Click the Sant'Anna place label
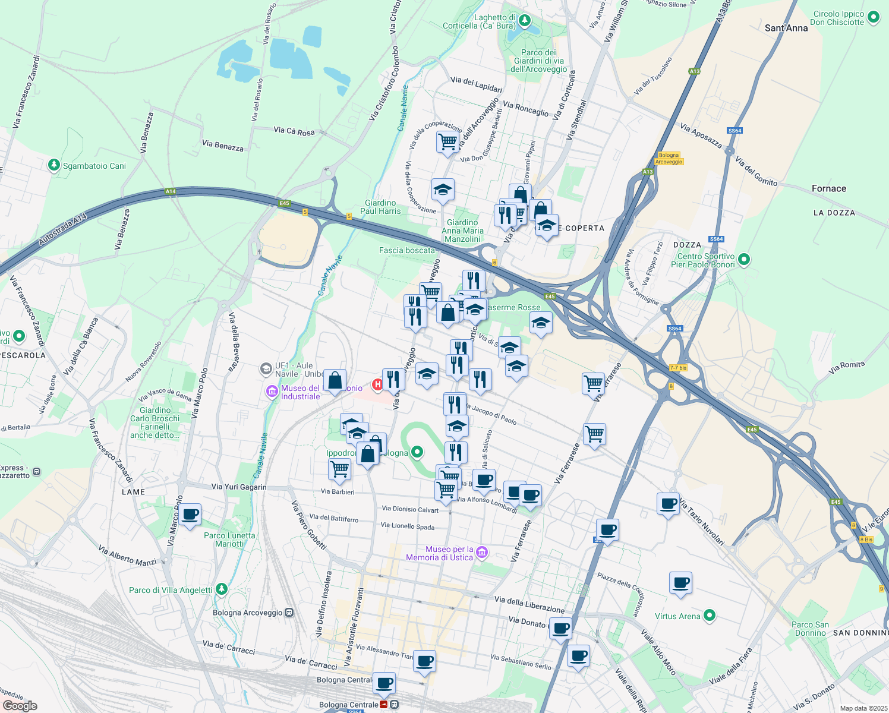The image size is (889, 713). click(786, 28)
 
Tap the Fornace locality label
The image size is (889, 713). click(828, 188)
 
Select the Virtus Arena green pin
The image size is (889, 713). click(710, 616)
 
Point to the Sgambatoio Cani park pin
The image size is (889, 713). click(54, 165)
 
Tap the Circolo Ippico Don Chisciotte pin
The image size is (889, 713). click(874, 17)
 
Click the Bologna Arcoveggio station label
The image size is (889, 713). click(248, 613)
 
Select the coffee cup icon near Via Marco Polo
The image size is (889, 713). click(191, 515)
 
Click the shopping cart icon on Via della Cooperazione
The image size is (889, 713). click(447, 142)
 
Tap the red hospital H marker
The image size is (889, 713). click(377, 385)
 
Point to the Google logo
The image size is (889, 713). click(20, 705)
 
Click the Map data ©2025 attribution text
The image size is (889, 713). click(863, 708)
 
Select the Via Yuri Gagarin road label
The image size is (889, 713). click(239, 487)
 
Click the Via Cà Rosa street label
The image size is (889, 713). click(294, 131)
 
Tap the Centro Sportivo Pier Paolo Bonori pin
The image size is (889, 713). click(744, 259)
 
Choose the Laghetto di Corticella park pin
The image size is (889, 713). click(524, 21)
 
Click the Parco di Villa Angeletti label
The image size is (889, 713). click(171, 590)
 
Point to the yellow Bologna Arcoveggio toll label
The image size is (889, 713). click(669, 159)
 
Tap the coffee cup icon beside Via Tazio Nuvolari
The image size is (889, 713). click(669, 503)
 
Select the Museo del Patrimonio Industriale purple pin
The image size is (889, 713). click(272, 392)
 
